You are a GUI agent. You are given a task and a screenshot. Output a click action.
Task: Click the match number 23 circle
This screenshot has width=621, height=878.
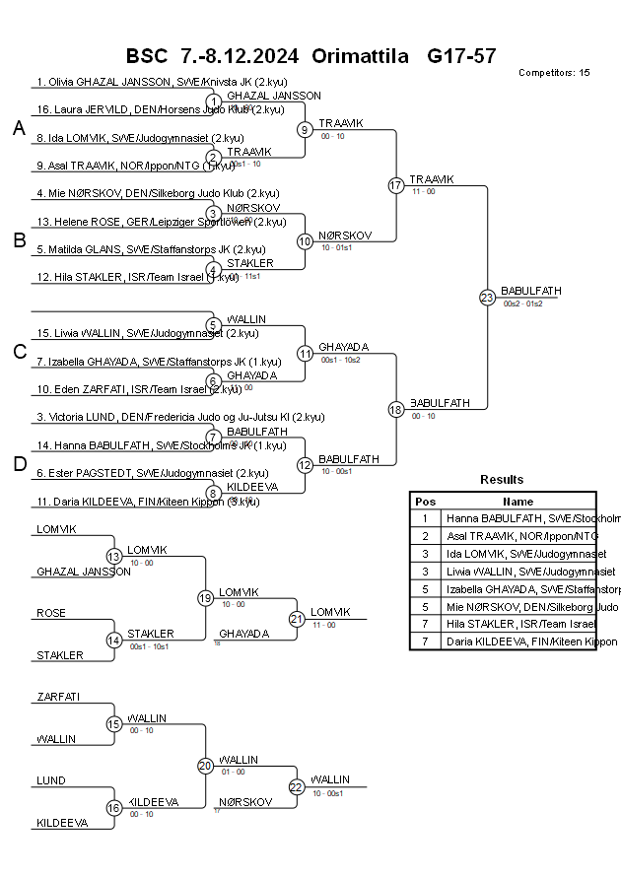tap(487, 298)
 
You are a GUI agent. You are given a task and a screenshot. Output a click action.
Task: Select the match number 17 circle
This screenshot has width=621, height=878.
tap(395, 185)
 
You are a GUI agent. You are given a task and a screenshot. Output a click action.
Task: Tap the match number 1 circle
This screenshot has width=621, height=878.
tap(213, 101)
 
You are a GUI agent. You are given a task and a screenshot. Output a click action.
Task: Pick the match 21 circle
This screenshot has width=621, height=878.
tap(297, 619)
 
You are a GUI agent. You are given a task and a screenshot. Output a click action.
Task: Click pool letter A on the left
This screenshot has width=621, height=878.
tap(19, 128)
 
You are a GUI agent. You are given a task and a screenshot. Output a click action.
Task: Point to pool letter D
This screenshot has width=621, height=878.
tap(19, 465)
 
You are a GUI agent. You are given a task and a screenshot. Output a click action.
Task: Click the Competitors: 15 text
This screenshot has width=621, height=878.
tap(554, 73)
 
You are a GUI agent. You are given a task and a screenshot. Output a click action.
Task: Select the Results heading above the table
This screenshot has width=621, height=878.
tap(502, 480)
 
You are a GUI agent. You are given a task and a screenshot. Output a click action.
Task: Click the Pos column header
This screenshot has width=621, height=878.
tap(425, 501)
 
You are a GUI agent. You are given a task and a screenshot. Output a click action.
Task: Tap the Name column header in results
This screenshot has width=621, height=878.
tap(518, 501)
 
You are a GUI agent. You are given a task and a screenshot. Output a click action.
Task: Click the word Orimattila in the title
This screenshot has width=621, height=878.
tap(360, 55)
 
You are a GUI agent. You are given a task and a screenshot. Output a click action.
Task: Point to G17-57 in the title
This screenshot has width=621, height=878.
tap(461, 55)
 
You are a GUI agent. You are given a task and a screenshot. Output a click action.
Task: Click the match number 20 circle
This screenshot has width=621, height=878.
tap(205, 766)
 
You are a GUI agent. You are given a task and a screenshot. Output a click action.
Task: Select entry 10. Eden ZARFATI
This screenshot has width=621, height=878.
tap(138, 389)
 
